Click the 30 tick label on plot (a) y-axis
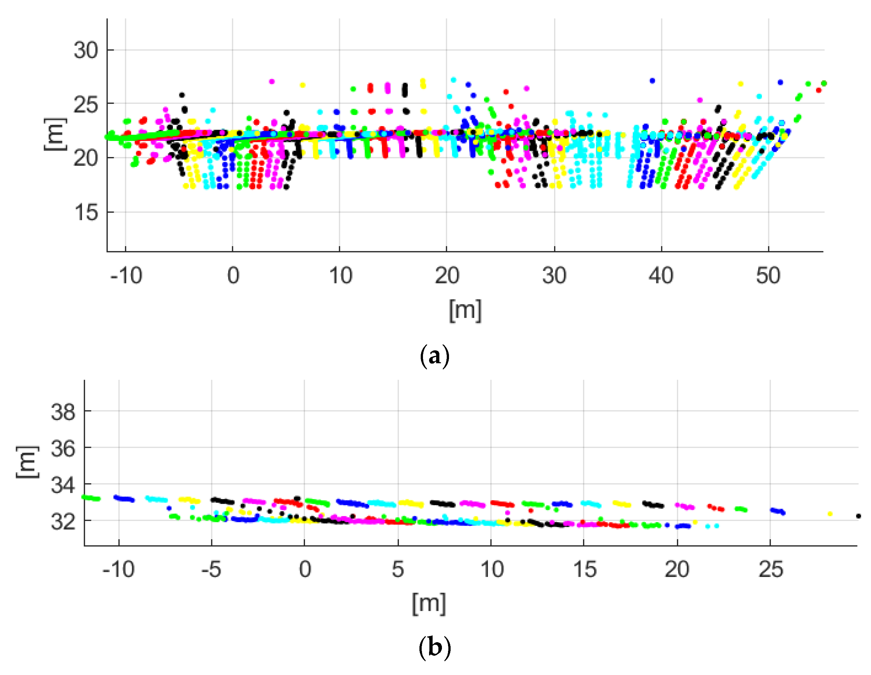(85, 51)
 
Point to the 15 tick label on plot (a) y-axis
(85, 212)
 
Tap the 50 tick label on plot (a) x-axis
(768, 275)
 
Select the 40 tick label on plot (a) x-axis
(661, 275)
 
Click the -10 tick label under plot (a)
(126, 275)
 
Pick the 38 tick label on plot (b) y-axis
(63, 411)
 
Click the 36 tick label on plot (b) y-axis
(63, 448)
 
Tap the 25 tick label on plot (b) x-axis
(770, 569)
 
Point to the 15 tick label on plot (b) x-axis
(584, 569)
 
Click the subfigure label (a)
(435, 356)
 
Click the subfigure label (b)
(435, 647)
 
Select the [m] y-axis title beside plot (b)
(27, 462)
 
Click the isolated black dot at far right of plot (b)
(858, 516)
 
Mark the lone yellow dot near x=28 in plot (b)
(830, 514)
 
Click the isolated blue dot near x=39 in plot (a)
(652, 81)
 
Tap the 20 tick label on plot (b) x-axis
(677, 569)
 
